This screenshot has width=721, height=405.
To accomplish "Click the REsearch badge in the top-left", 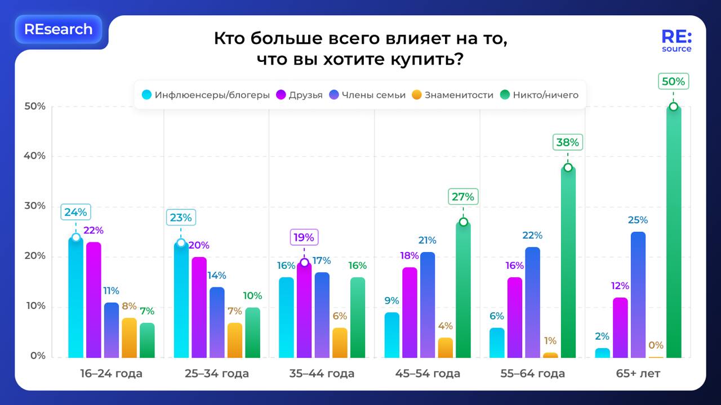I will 59,29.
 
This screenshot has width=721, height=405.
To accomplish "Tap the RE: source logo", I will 677,41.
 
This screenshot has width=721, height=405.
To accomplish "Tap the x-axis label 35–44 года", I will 322,373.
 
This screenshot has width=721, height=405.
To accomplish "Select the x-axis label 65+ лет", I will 638,373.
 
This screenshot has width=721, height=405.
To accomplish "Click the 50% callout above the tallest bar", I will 673,82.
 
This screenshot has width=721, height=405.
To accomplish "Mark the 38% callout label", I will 568,142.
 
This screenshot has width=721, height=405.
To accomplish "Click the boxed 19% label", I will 304,237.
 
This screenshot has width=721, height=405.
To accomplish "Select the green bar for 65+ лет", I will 673,236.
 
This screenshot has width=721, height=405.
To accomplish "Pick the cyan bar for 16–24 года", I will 76,298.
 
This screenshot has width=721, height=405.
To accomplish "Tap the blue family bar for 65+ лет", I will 638,295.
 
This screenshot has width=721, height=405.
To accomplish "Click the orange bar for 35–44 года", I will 340,343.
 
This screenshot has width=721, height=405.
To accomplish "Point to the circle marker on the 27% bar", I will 463,222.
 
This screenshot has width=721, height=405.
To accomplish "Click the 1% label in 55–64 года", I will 550,341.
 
